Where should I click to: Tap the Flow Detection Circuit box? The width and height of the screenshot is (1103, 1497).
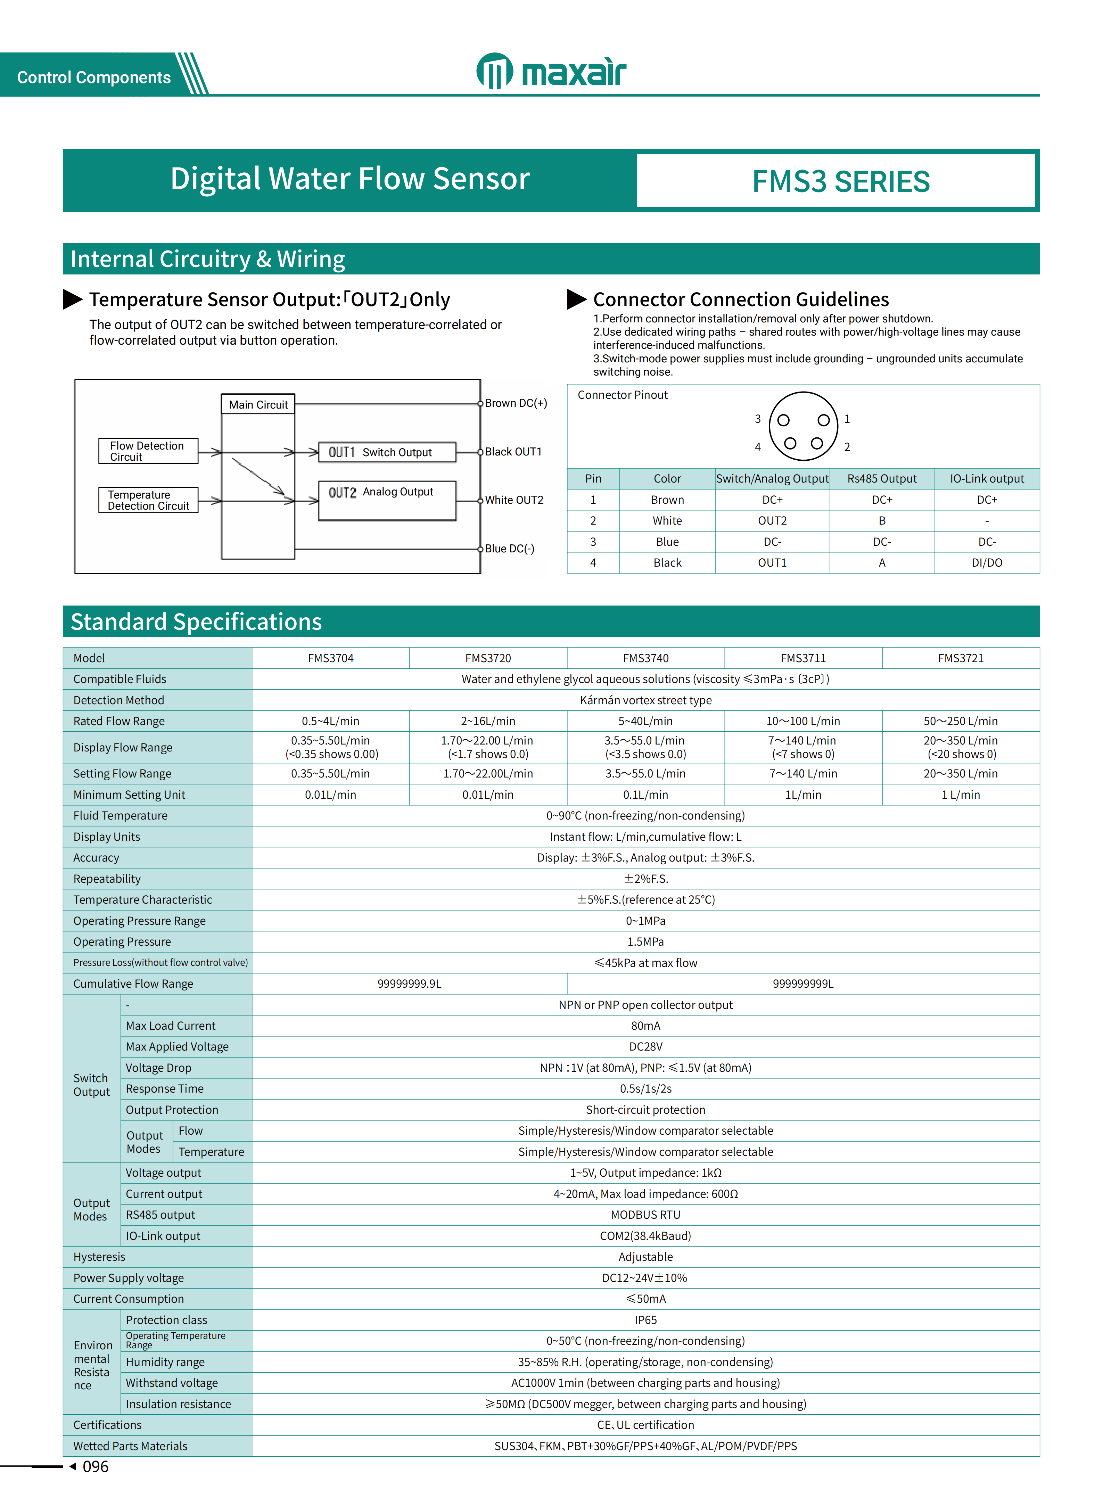click(x=148, y=451)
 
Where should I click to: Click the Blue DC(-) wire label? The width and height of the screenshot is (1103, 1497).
click(x=509, y=549)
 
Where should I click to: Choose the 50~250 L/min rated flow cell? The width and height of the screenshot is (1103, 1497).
click(x=960, y=721)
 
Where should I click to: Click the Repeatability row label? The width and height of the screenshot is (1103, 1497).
click(x=107, y=879)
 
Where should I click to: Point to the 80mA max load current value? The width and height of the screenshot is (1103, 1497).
click(x=645, y=1026)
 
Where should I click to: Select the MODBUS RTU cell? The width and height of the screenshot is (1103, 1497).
click(x=645, y=1215)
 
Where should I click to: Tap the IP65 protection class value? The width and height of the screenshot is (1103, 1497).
click(x=645, y=1320)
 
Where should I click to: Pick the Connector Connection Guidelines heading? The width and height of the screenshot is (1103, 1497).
click(x=740, y=299)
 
